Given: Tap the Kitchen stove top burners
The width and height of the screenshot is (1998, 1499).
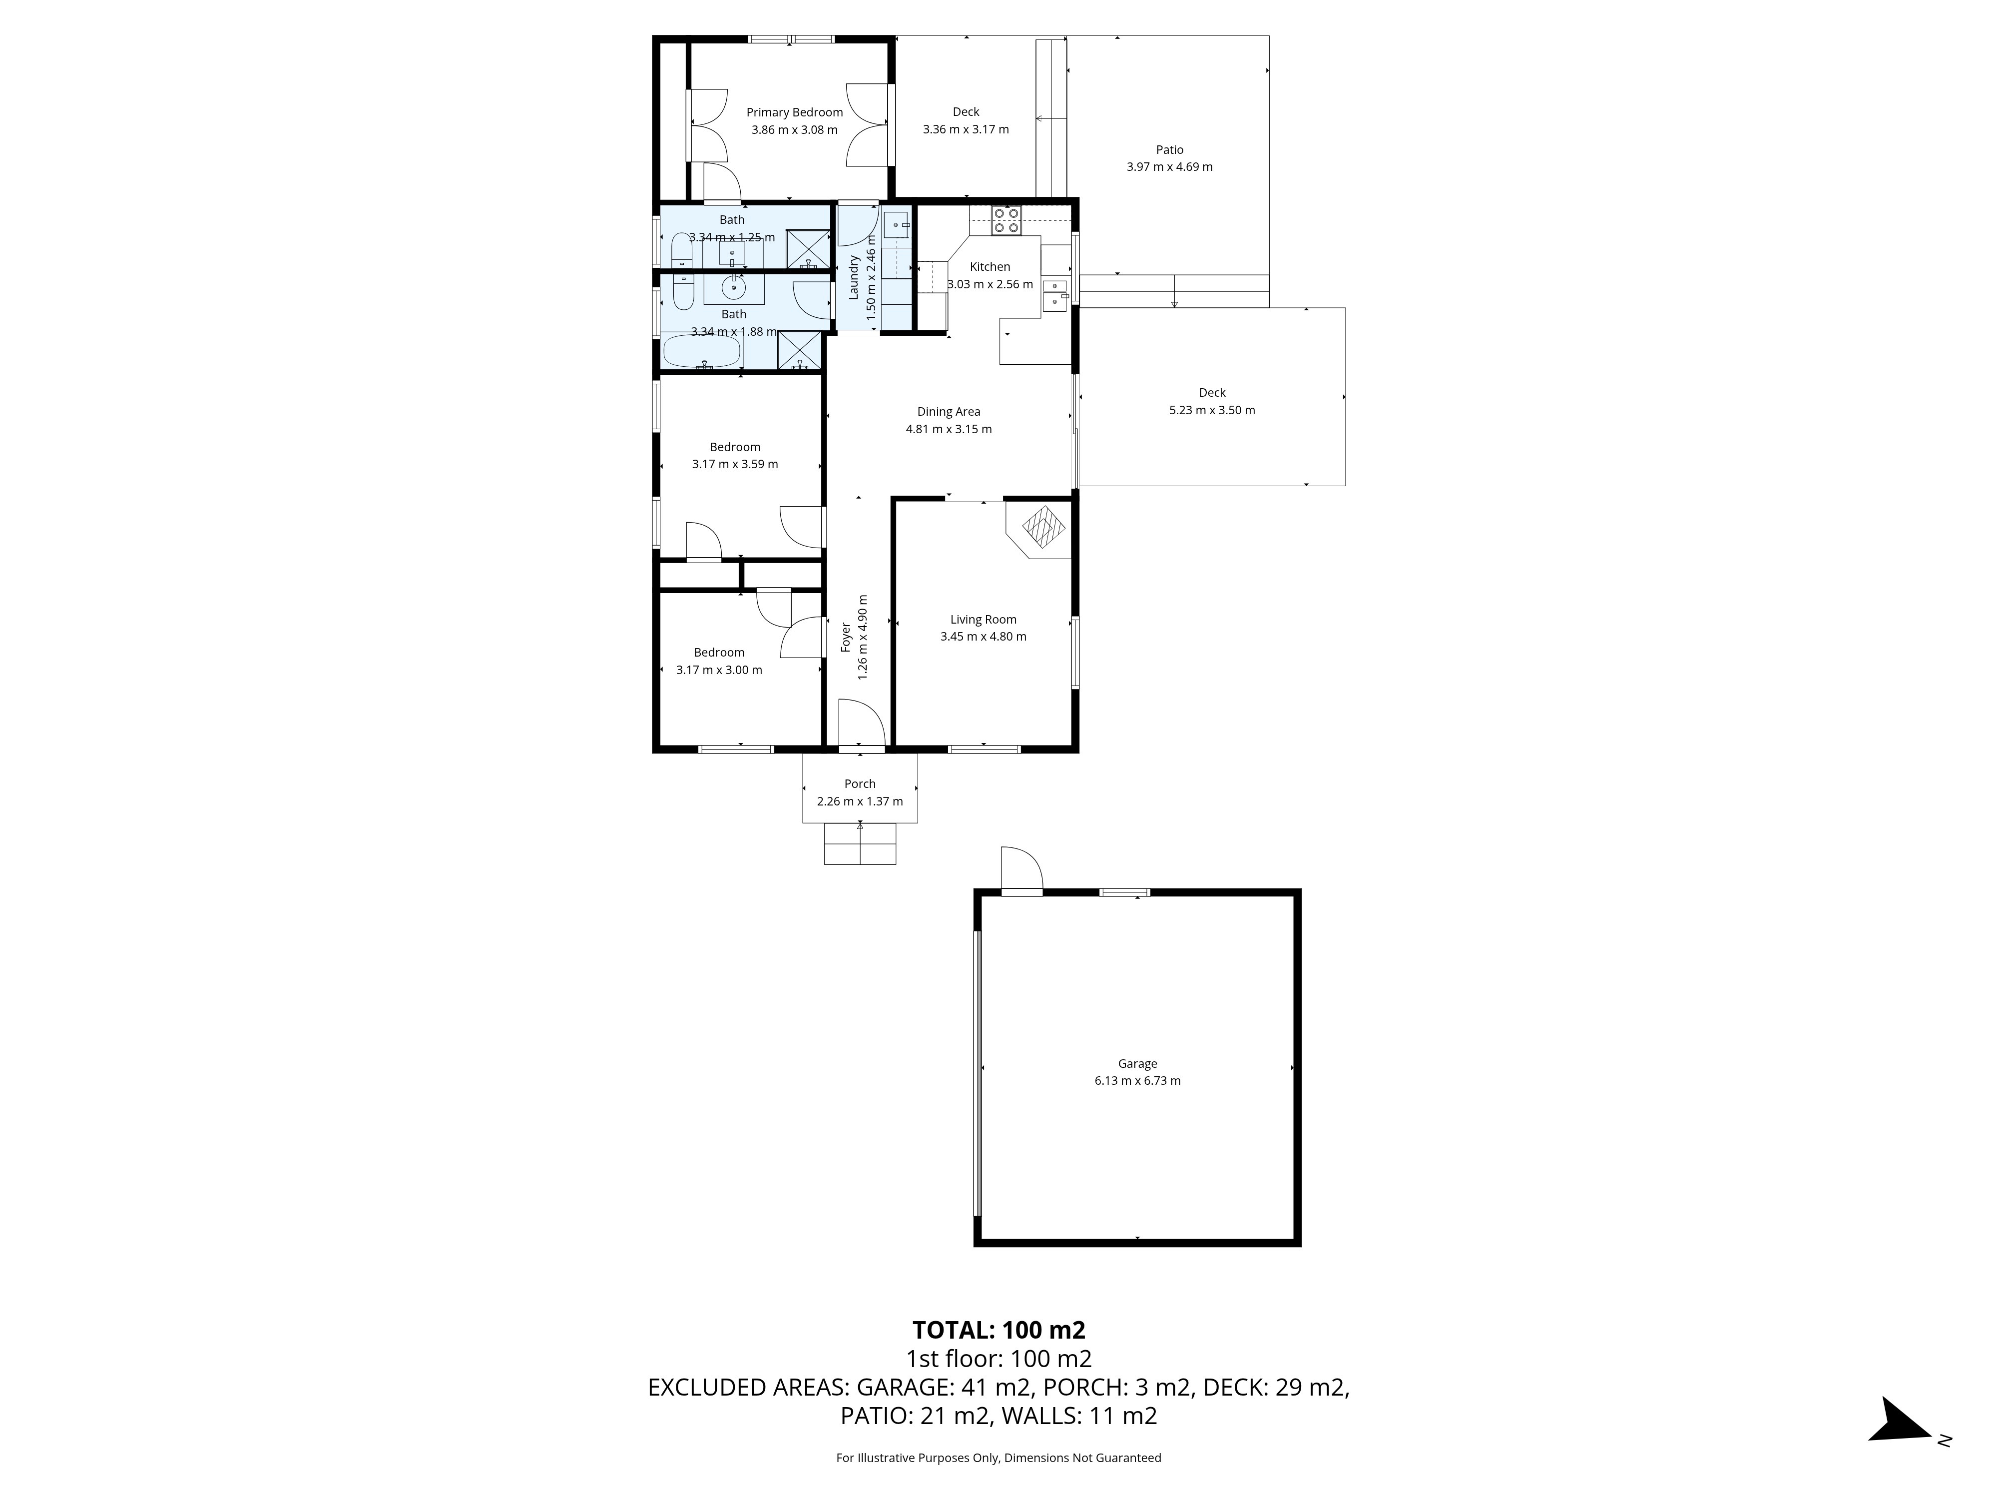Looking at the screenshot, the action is click(x=1006, y=220).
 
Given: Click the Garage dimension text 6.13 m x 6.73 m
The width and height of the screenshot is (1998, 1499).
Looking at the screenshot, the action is click(x=1137, y=1081).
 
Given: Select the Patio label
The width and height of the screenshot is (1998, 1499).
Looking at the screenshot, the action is click(x=1170, y=150).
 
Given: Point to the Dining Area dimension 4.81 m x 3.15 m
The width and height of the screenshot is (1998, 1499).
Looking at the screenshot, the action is click(x=949, y=429).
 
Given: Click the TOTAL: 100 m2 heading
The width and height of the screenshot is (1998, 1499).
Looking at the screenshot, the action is click(x=999, y=1330).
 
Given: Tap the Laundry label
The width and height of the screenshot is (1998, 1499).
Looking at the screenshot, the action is click(x=854, y=277).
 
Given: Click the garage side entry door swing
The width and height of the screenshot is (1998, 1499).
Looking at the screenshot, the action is click(x=1021, y=868).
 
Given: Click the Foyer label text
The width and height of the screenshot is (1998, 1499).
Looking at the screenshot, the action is click(x=846, y=637).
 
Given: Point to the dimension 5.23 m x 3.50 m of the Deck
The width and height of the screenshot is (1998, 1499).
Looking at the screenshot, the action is click(x=1212, y=410).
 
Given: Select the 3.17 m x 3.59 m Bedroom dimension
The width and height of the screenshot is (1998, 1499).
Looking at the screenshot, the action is click(x=735, y=464).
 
